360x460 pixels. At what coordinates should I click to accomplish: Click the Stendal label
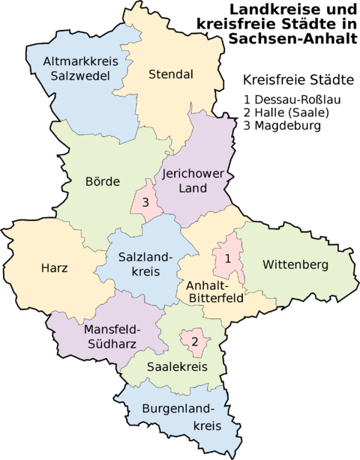[x=171, y=74]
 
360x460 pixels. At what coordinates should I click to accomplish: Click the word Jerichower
[x=193, y=173]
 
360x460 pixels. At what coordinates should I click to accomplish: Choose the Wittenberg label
[x=295, y=264]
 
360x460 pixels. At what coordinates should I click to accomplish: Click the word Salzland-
[x=146, y=257]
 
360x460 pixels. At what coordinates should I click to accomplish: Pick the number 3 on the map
[x=146, y=202]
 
